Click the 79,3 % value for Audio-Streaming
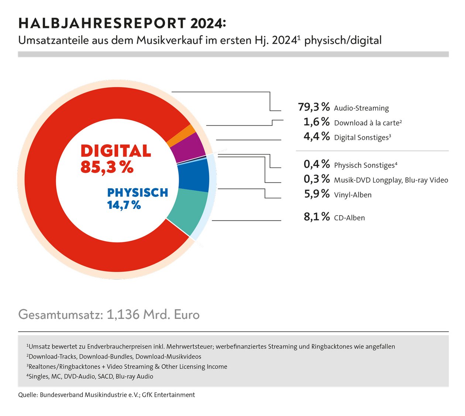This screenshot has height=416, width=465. (x=314, y=107)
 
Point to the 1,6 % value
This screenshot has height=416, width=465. (x=316, y=122)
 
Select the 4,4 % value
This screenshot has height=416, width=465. (x=316, y=137)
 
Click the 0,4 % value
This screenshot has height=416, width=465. (x=316, y=164)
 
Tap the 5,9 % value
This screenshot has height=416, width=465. (x=316, y=194)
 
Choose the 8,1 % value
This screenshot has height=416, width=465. (x=316, y=217)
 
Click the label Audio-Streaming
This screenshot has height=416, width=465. (x=361, y=108)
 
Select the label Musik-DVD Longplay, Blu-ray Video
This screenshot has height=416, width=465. (x=391, y=180)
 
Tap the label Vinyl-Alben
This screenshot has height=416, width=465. (x=352, y=195)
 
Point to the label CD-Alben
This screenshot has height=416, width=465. (x=349, y=218)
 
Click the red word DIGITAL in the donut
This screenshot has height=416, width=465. (x=116, y=151)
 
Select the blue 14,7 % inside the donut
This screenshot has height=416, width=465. (x=124, y=205)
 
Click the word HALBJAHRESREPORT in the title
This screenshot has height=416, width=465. (x=102, y=23)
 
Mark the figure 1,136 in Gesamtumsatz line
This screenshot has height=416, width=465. (x=123, y=314)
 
